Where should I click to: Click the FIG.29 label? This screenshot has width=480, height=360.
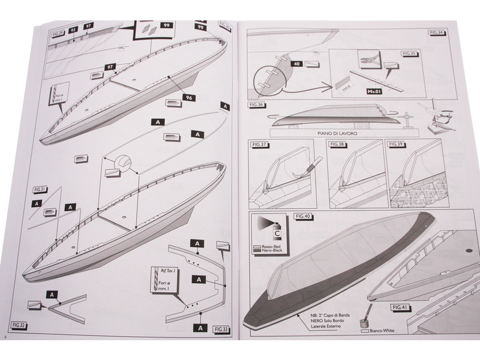[58, 34]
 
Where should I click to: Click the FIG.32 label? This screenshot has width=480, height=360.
[18, 325]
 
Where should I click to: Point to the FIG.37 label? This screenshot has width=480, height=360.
[260, 145]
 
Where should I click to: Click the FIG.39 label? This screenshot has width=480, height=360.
[396, 145]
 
